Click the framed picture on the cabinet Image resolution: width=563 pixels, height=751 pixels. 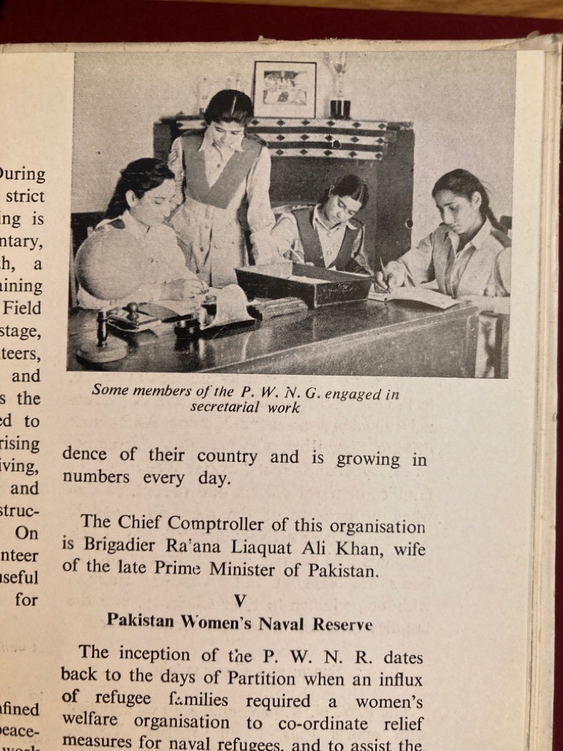click(284, 89)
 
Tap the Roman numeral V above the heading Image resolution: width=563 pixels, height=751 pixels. click(239, 601)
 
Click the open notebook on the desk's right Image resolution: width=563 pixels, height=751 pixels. click(416, 296)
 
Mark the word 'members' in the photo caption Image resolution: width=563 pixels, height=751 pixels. click(164, 391)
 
